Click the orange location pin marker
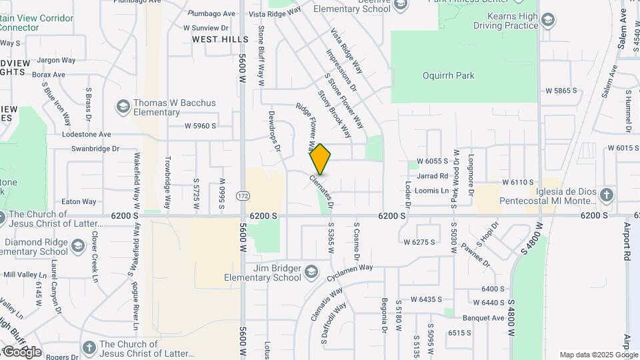pos(321,160)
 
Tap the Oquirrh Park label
pos(449,75)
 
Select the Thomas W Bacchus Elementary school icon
pos(123,107)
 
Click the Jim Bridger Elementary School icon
pos(311,272)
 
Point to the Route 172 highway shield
pos(243,196)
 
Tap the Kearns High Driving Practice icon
pos(548,20)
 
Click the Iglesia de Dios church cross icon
pos(606,195)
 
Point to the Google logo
pos(21,351)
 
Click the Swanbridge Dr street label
pos(95,149)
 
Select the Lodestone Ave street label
pos(85,134)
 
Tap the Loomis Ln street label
pos(431,190)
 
